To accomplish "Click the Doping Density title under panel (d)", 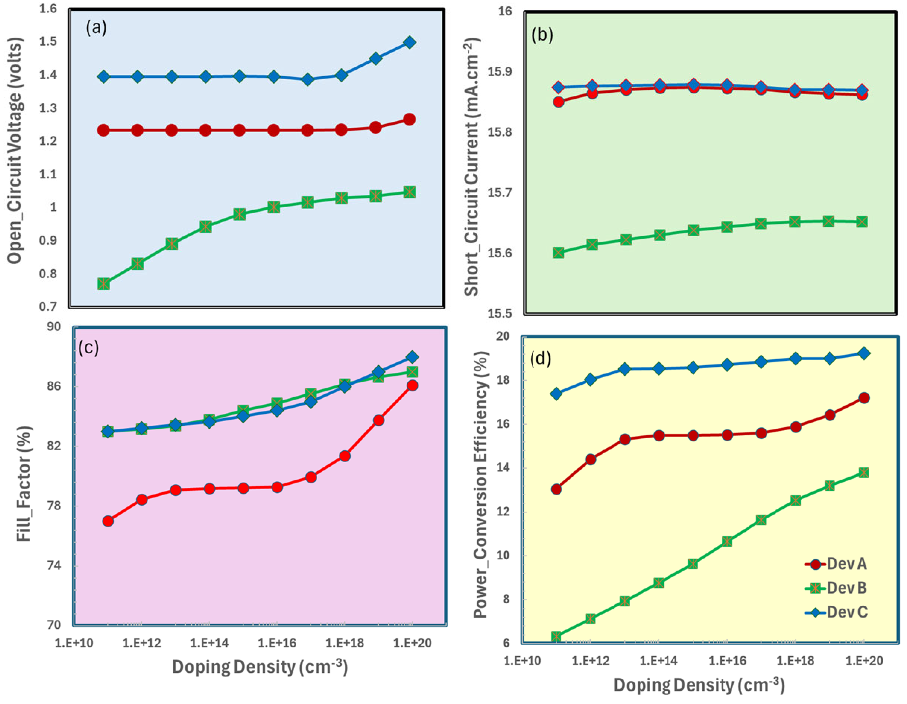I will pos(699,685).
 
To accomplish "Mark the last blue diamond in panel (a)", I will pos(409,42).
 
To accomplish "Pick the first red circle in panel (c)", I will pos(108,521).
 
